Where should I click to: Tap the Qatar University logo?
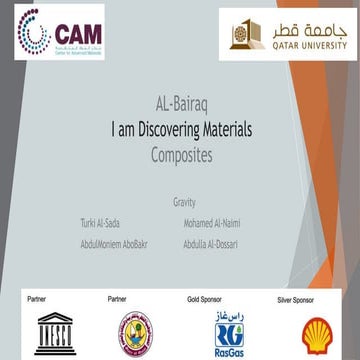point(284,35)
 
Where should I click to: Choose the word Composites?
point(179,154)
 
